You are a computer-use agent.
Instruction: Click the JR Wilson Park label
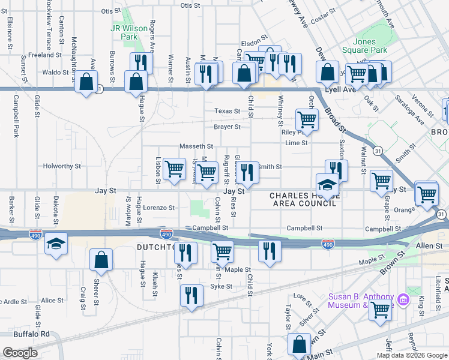pos(124,32)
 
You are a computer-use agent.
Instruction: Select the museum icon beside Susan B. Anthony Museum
pos(403,300)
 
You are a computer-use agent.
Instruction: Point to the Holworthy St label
pos(62,166)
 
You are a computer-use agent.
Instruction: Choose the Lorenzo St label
pos(158,208)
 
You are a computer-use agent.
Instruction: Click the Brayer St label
pos(228,127)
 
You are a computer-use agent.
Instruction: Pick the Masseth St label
pos(196,146)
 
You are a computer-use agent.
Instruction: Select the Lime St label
pos(296,143)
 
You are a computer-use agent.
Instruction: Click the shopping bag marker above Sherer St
pos(101,260)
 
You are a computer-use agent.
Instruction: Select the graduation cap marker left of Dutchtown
pos(56,244)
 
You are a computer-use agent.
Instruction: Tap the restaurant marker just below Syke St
pos(191,295)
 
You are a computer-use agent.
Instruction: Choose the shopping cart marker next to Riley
pos(307,119)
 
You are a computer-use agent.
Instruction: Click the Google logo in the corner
pos(20,353)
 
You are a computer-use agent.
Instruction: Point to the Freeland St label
pos(41,55)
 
